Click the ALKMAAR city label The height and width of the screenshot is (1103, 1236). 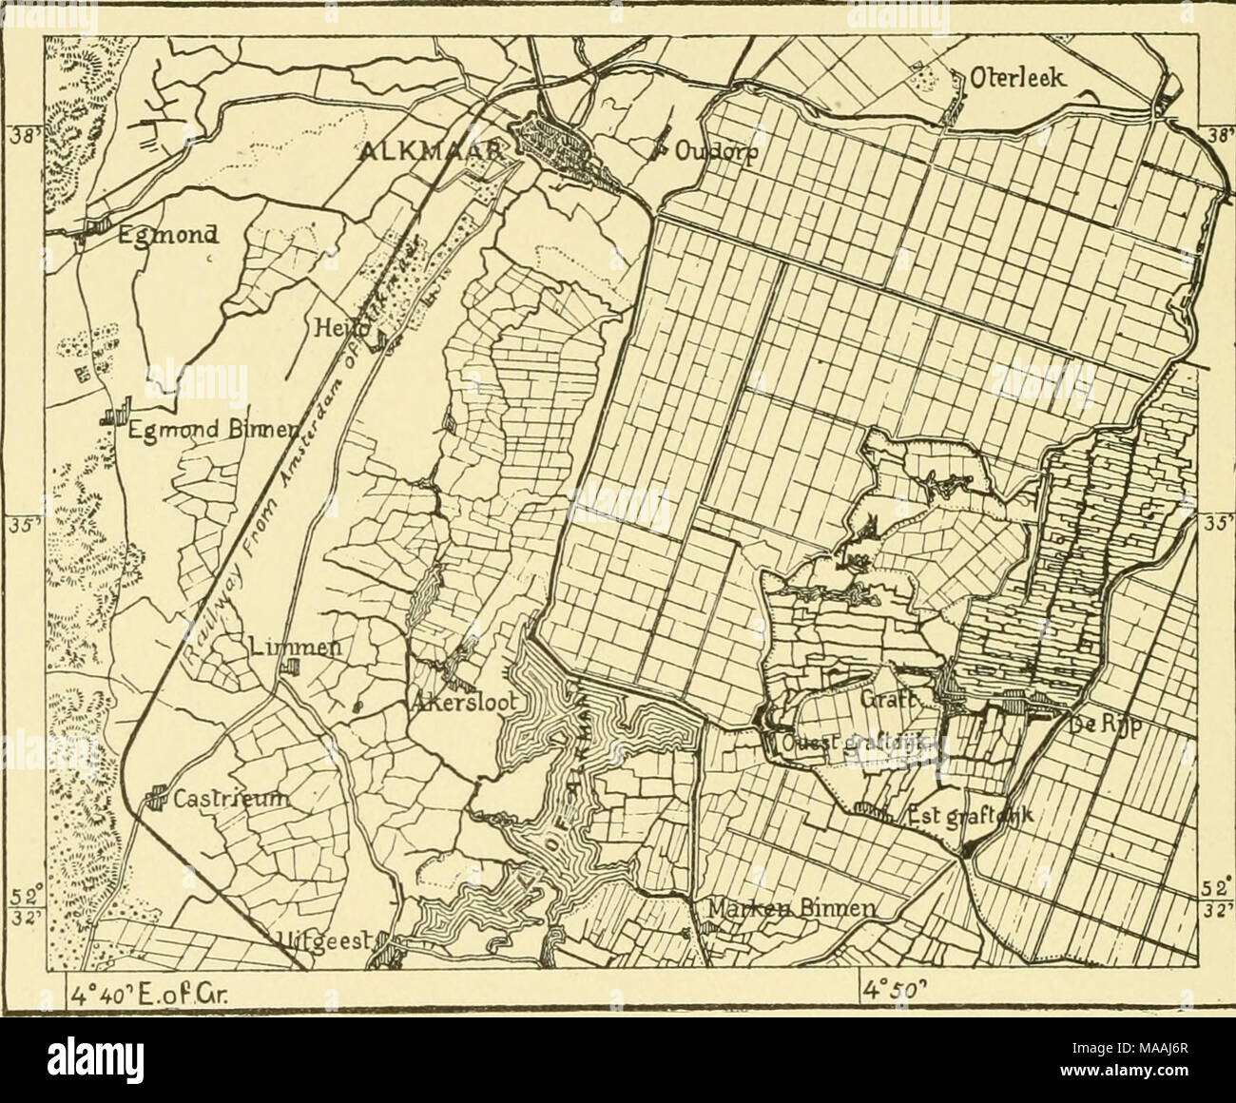point(439,148)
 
